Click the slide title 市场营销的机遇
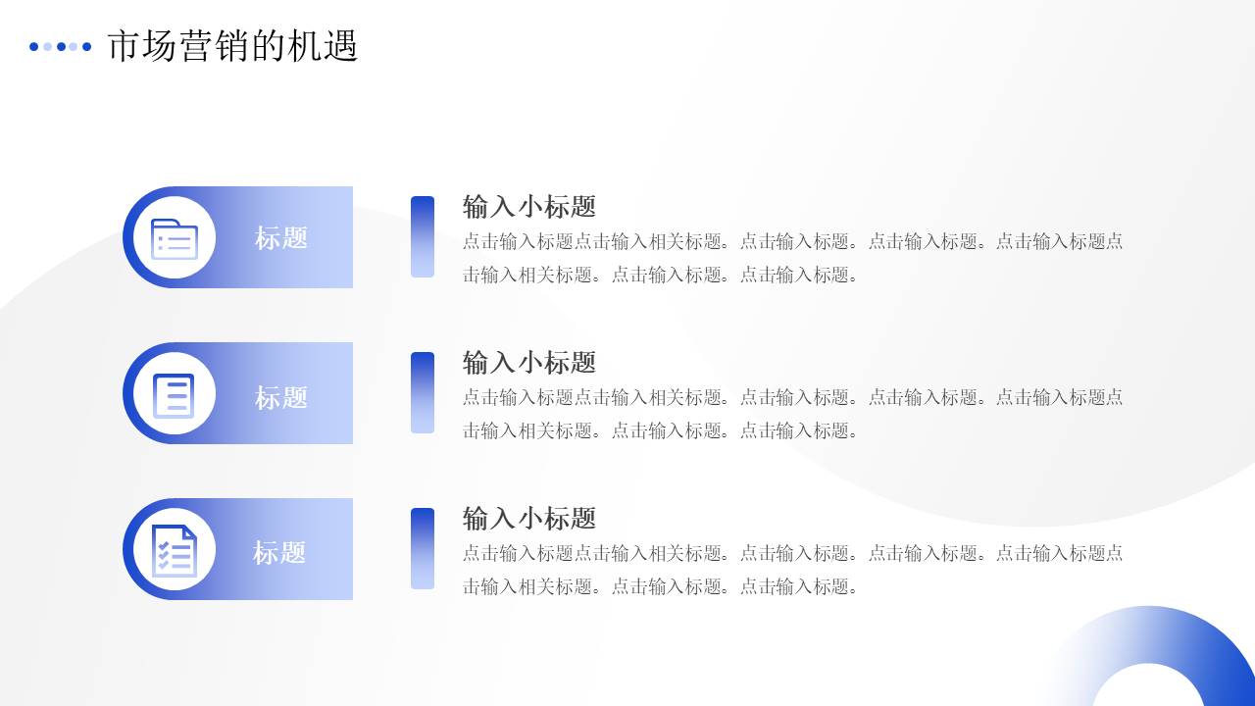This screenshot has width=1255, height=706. click(x=232, y=46)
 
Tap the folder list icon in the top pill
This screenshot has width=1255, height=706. click(x=175, y=238)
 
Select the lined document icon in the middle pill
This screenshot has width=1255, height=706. click(x=175, y=395)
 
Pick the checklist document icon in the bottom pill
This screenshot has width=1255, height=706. click(x=175, y=550)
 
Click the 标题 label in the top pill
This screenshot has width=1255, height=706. click(x=281, y=238)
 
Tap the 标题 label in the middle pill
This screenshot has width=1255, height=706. click(x=281, y=397)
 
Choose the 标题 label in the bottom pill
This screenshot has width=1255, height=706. click(x=279, y=553)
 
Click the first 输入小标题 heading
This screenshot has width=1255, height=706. click(x=529, y=207)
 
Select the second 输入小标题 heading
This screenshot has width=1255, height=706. click(x=529, y=363)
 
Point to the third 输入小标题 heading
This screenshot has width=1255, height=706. click(x=529, y=519)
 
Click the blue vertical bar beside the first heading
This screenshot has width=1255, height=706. click(x=423, y=236)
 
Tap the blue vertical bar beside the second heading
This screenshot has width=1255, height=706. click(x=423, y=392)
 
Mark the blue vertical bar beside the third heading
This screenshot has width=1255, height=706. click(x=423, y=548)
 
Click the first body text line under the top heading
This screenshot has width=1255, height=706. click(x=792, y=241)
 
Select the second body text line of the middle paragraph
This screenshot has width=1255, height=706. click(x=661, y=430)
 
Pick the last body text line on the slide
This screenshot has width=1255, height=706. click(x=661, y=586)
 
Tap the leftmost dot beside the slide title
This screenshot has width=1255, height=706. click(x=34, y=46)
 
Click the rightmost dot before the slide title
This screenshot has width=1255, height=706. click(x=86, y=46)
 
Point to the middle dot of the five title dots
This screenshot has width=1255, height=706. click(x=61, y=46)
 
